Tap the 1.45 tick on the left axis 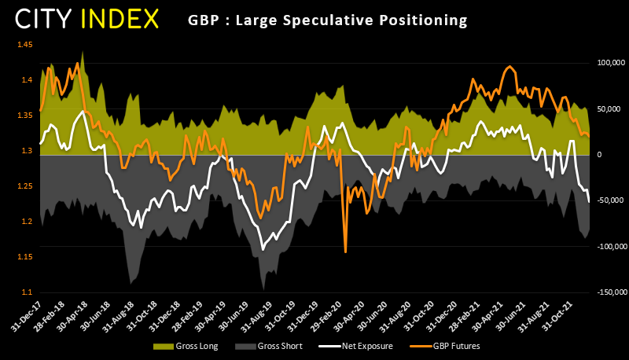25,45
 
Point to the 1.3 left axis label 28,151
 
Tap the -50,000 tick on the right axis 608,200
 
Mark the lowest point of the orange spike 346,252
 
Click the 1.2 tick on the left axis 28,222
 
